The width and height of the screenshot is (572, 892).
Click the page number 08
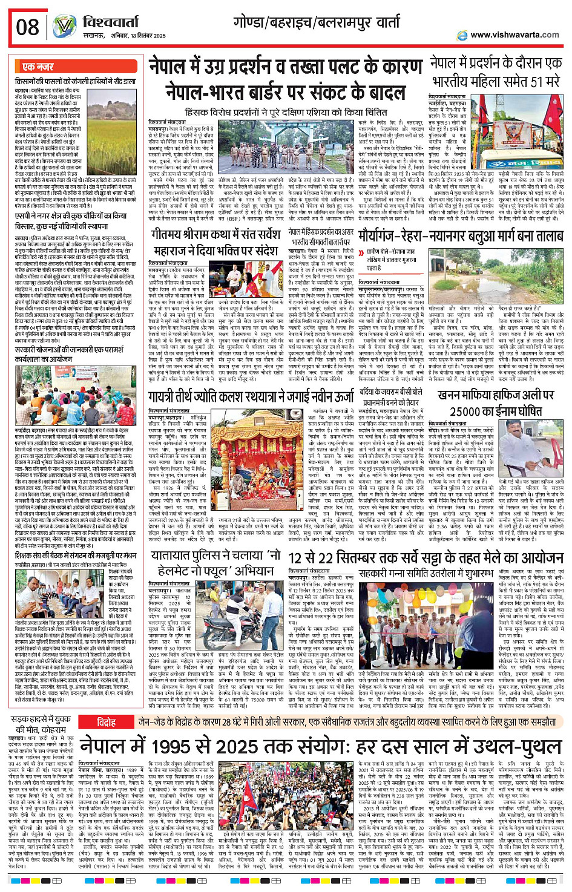[28, 28]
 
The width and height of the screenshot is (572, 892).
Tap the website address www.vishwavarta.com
[514, 35]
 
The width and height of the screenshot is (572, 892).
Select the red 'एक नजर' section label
[38, 67]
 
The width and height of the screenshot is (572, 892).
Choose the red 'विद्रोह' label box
[107, 722]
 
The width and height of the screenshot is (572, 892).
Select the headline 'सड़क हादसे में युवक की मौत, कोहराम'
[42, 726]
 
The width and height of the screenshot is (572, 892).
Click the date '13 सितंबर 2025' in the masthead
[141, 36]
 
